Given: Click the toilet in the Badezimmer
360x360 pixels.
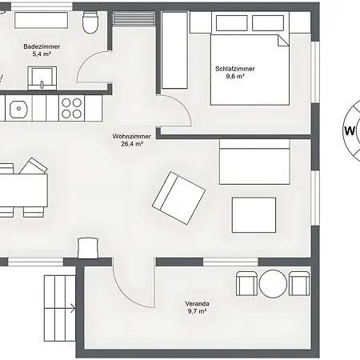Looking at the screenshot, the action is (x=90, y=22).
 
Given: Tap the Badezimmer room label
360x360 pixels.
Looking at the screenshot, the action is (x=42, y=46).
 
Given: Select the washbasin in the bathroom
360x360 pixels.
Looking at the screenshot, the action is (x=42, y=78).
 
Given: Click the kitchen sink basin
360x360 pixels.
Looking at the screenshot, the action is (x=18, y=109).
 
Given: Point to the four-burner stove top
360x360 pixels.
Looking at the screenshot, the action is (x=71, y=108).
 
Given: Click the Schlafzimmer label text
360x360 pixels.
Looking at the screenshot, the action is (x=235, y=69).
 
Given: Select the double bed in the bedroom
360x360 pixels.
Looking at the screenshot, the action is (x=250, y=70).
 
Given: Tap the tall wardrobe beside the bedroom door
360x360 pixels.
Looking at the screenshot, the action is (x=174, y=50).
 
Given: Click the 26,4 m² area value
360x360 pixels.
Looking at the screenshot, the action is (x=132, y=144).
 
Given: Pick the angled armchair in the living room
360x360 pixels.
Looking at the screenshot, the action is (x=178, y=198).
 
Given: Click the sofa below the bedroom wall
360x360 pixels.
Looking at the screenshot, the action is (x=254, y=162).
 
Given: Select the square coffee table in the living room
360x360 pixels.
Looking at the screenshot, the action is (x=254, y=215).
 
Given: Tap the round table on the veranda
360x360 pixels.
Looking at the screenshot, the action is (x=273, y=284).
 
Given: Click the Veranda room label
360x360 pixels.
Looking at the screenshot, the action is (x=197, y=304).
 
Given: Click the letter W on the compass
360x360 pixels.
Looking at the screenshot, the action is (x=350, y=131).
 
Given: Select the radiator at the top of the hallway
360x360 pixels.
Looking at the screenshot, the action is (x=134, y=18).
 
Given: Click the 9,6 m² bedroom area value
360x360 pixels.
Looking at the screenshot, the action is (x=235, y=76).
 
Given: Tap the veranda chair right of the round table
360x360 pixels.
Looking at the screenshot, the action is (x=299, y=283).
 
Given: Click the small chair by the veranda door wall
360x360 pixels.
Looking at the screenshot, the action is (x=88, y=249).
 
